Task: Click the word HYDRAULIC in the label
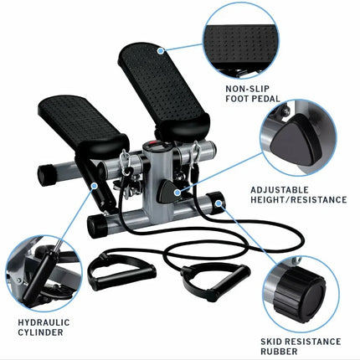pyautogui.click(x=44, y=322)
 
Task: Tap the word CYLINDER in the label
pyautogui.click(x=40, y=332)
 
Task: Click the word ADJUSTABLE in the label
pyautogui.click(x=280, y=190)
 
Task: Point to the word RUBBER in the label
pyautogui.click(x=279, y=352)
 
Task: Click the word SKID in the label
pyautogui.click(x=271, y=342)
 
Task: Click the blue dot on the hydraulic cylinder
pyautogui.click(x=95, y=186)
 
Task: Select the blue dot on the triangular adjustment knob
pyautogui.click(x=177, y=192)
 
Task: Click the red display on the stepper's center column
pyautogui.click(x=153, y=145)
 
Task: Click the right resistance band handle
pyautogui.click(x=215, y=280)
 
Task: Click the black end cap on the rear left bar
pyautogui.click(x=46, y=175)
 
